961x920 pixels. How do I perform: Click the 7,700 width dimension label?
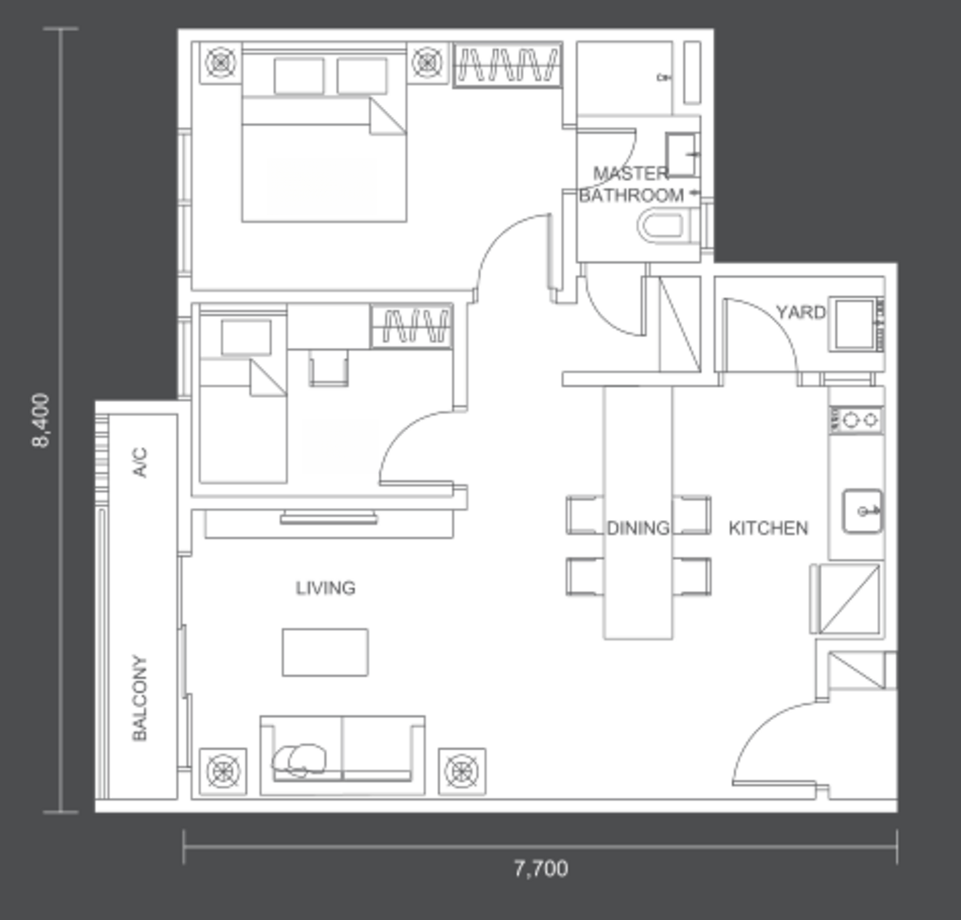pyautogui.click(x=541, y=869)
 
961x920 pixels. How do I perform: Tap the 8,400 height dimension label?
pyautogui.click(x=41, y=420)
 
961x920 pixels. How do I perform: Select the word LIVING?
pyautogui.click(x=325, y=588)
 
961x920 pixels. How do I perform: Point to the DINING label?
pyautogui.click(x=638, y=528)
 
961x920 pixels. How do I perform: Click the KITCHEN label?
pyautogui.click(x=768, y=528)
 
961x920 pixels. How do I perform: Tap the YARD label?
pyautogui.click(x=801, y=312)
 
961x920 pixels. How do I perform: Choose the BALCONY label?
pyautogui.click(x=140, y=698)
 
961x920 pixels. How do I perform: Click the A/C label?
pyautogui.click(x=140, y=462)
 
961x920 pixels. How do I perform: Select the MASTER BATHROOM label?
pyautogui.click(x=632, y=184)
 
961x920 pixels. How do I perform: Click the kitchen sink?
pyautogui.click(x=862, y=511)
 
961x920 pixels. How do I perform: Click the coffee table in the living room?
pyautogui.click(x=325, y=652)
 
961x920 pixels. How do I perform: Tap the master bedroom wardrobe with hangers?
pyautogui.click(x=508, y=65)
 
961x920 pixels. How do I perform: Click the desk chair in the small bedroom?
pyautogui.click(x=329, y=367)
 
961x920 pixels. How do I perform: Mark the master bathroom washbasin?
pyautogui.click(x=682, y=154)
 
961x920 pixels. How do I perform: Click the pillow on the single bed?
pyautogui.click(x=246, y=337)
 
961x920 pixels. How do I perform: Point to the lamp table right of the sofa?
pyautogui.click(x=461, y=771)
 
